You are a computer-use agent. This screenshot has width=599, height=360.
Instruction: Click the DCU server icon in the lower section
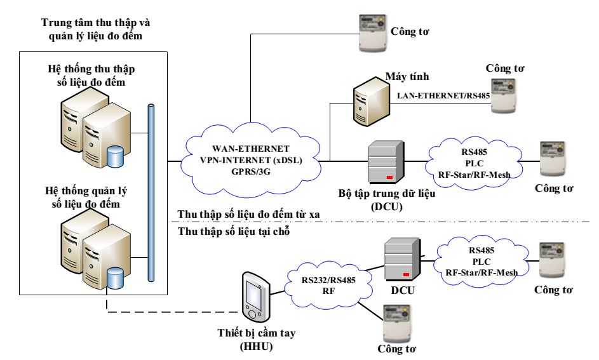coord(403,259)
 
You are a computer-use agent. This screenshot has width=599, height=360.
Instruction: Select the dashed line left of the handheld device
coord(172,312)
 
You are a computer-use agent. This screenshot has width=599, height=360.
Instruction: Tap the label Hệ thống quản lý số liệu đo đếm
coord(86,197)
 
